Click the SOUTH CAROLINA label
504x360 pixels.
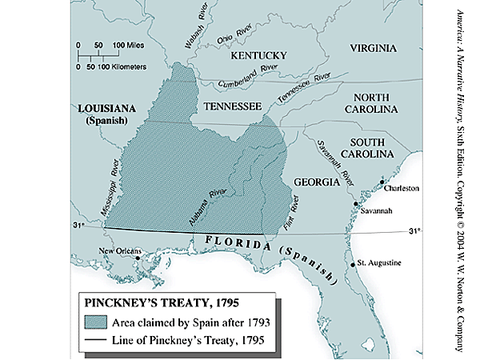pos(367,146)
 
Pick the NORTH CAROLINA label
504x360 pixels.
pos(372,101)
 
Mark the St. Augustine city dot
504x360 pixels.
pos(353,263)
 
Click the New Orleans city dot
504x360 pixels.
pos(138,257)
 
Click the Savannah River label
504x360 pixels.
pos(334,150)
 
